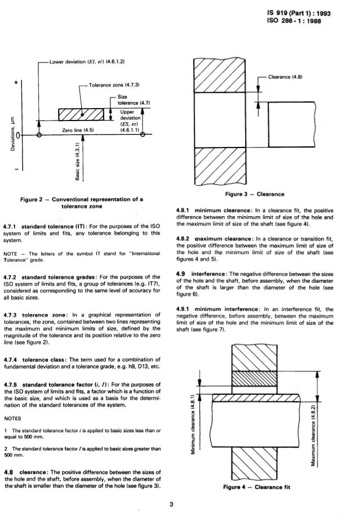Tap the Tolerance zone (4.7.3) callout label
click(113, 84)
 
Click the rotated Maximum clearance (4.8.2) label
click(327, 430)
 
